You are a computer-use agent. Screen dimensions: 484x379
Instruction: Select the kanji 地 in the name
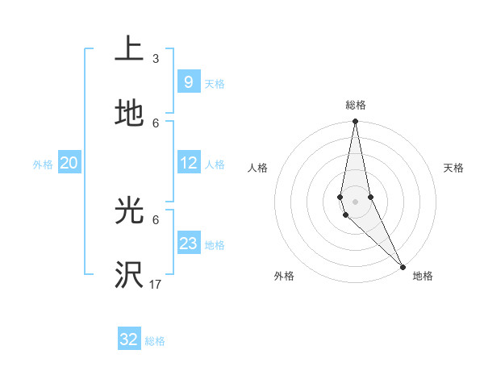129,115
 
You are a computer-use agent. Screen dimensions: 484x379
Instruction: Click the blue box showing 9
188,81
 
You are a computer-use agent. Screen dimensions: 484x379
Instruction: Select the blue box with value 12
188,163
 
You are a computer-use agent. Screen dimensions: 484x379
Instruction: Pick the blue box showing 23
188,244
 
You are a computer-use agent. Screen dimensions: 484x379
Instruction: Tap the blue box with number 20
69,163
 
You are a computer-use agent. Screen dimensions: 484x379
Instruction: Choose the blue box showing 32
129,339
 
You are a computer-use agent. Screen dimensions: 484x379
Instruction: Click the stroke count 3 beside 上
156,59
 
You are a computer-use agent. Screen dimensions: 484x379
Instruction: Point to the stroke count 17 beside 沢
156,285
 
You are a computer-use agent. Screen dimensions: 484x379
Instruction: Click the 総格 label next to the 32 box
155,341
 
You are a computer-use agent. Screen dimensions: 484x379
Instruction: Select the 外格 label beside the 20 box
43,165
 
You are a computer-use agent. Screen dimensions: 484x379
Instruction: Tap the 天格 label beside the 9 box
215,84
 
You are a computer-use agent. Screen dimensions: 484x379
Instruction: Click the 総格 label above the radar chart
356,105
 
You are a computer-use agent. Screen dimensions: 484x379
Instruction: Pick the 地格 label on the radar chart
423,277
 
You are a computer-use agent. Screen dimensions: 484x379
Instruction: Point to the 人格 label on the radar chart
257,168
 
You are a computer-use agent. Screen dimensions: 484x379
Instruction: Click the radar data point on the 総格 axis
356,123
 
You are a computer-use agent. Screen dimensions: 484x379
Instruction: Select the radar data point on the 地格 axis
403,267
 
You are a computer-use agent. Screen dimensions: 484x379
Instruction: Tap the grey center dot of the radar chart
356,201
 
